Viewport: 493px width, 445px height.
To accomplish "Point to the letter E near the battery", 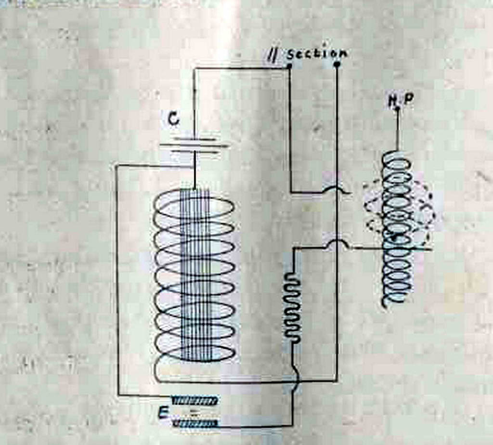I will tap(164, 411).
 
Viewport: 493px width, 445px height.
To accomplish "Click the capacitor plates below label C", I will tap(194, 144).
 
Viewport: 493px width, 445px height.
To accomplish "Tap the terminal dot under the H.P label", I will tap(397, 109).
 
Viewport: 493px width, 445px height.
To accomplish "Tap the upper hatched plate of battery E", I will tap(195, 400).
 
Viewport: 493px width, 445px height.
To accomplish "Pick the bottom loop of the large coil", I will tap(194, 368).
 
